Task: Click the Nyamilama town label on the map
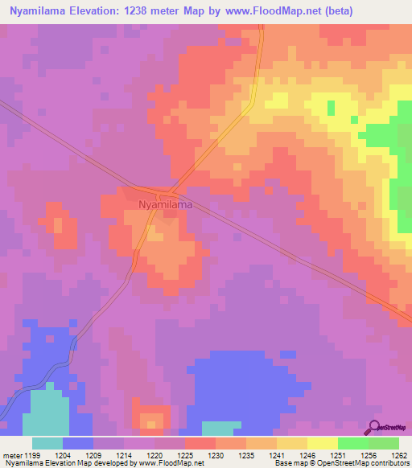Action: point(165,205)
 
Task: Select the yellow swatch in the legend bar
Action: point(323,442)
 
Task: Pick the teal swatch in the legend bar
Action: point(47,442)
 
